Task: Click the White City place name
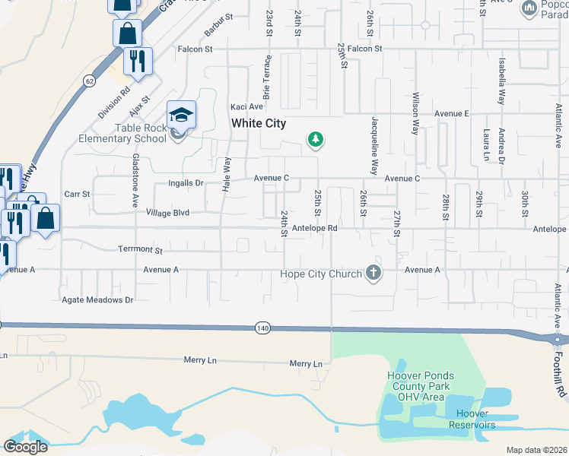[x=258, y=123]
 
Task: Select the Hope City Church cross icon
[x=373, y=272]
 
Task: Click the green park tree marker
[x=315, y=139]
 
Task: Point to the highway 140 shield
[x=263, y=328]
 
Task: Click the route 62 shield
[x=90, y=80]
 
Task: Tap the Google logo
[x=26, y=446]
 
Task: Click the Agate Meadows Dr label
[x=97, y=300]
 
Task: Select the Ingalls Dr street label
[x=186, y=183]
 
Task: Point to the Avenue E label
[x=452, y=113]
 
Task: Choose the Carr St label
[x=78, y=195]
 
